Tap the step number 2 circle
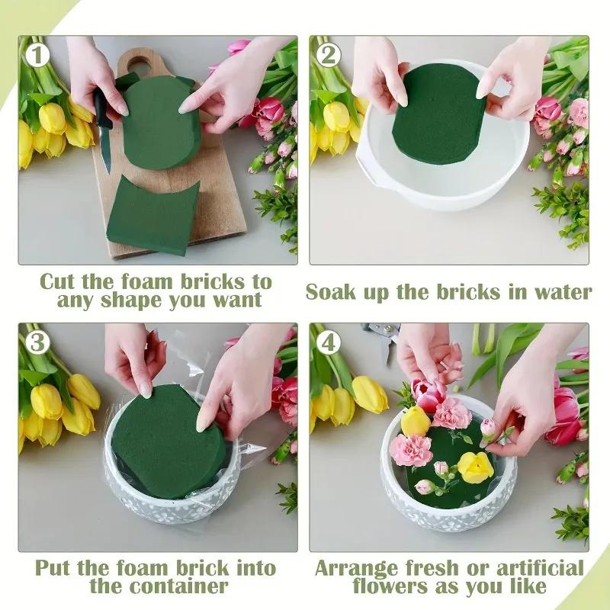328,55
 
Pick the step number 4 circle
328,342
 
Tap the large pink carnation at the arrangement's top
452,413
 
